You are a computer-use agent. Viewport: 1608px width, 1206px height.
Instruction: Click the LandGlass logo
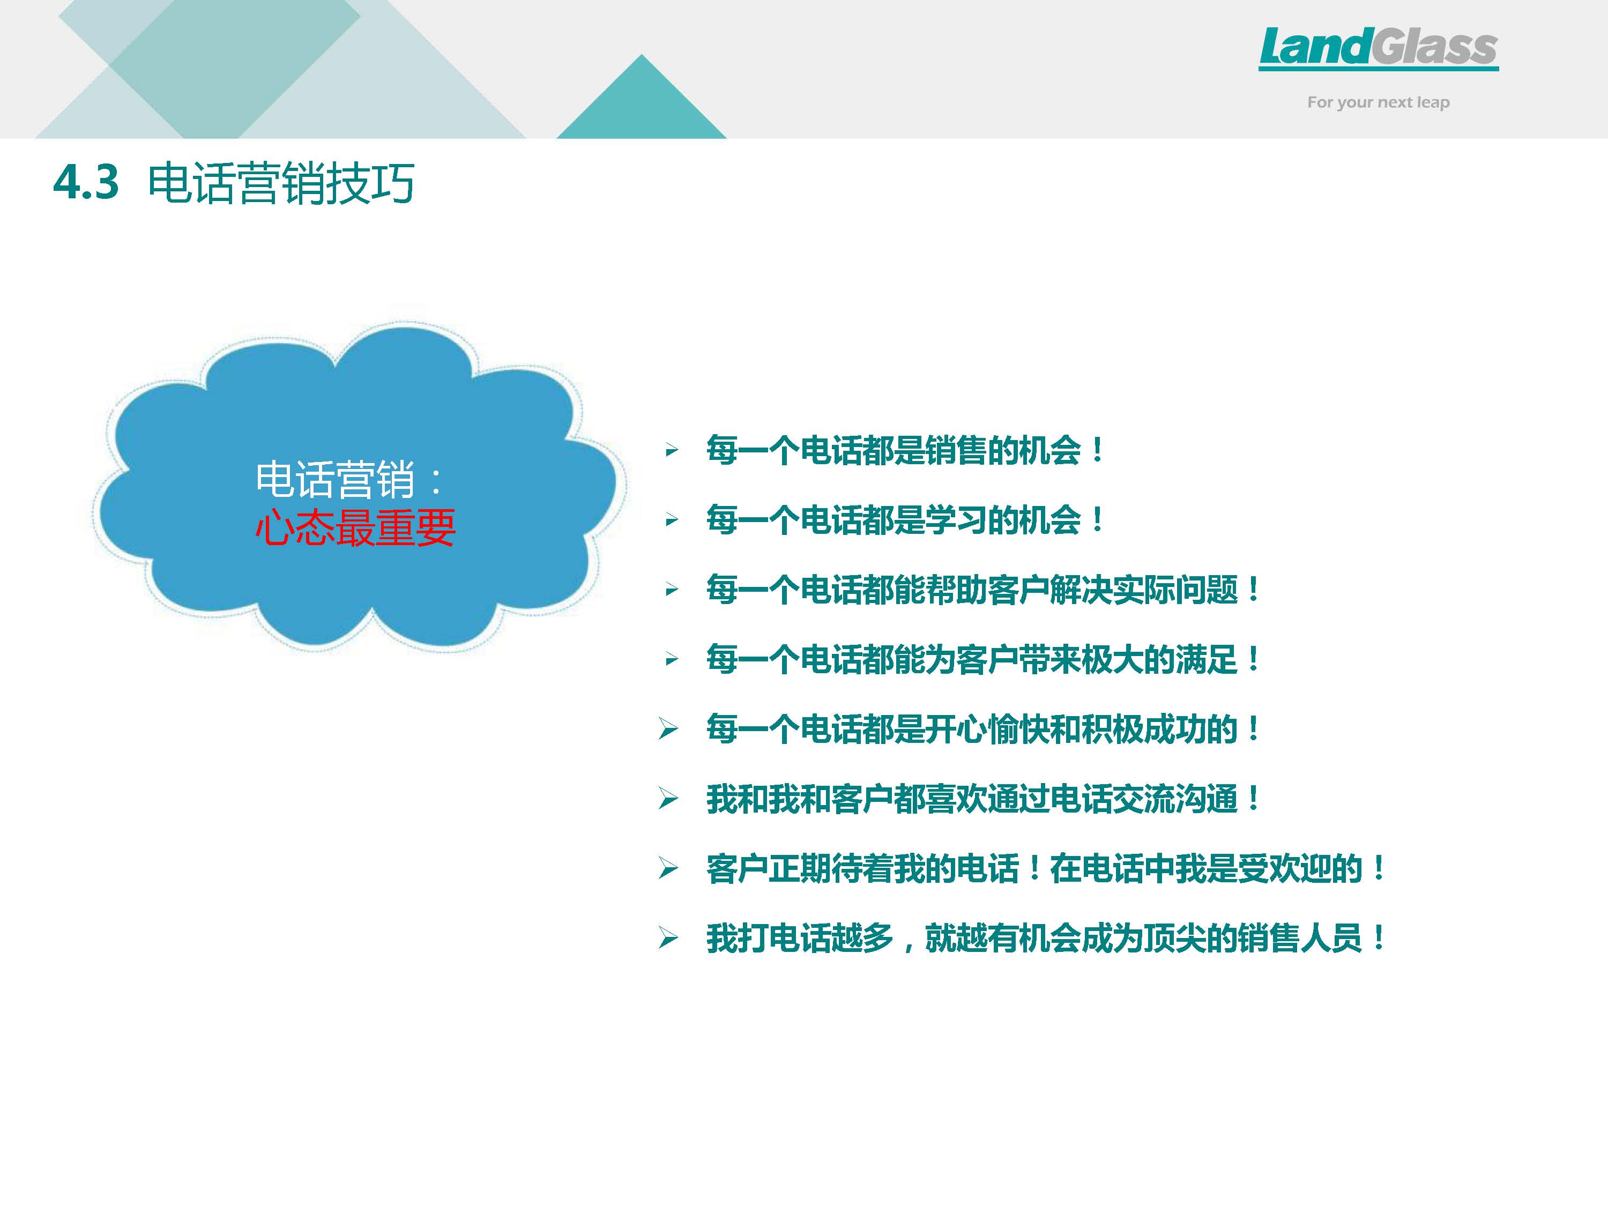tap(1378, 48)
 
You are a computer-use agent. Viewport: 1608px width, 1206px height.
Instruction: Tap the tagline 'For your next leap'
tap(1378, 102)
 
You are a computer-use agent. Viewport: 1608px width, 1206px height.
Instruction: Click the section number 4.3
tap(86, 182)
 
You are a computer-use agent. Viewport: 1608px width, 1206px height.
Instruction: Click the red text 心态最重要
tap(355, 527)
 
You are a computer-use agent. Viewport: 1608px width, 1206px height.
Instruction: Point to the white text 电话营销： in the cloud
tap(349, 479)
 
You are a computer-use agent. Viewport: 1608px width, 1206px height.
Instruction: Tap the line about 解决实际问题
tap(983, 589)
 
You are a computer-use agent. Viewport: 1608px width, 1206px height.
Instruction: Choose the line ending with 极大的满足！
tap(983, 659)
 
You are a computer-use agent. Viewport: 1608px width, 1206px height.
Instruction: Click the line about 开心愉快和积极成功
tap(983, 728)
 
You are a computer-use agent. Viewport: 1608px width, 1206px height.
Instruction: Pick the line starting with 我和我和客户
tap(983, 798)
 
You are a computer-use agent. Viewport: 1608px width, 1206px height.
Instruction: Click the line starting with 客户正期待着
tap(1045, 868)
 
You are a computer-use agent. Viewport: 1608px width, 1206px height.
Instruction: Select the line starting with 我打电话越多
tap(1045, 938)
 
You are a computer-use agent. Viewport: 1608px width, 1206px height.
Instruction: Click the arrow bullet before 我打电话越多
tap(668, 938)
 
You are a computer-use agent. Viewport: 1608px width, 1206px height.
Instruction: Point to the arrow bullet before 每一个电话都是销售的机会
tap(672, 451)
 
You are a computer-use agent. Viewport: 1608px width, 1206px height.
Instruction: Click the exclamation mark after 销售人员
tap(1378, 938)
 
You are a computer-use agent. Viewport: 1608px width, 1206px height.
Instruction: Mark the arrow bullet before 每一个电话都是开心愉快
tap(668, 728)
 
